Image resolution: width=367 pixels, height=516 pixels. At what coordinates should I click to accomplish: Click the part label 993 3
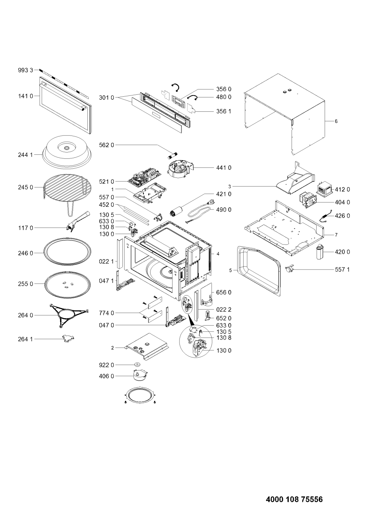pyautogui.click(x=26, y=70)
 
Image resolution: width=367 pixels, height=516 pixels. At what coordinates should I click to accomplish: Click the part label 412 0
pyautogui.click(x=342, y=189)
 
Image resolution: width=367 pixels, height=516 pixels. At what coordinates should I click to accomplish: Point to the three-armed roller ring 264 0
pyautogui.click(x=69, y=316)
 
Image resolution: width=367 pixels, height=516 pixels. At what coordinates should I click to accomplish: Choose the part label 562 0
pyautogui.click(x=106, y=145)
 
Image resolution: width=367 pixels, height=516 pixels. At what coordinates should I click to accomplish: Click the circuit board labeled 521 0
pyautogui.click(x=144, y=178)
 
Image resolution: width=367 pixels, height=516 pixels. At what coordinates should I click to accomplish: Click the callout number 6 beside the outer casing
pyautogui.click(x=336, y=121)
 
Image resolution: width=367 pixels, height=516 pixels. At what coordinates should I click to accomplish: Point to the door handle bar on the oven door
pyautogui.click(x=62, y=97)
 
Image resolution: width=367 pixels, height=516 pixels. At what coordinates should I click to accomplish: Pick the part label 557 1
pyautogui.click(x=342, y=270)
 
